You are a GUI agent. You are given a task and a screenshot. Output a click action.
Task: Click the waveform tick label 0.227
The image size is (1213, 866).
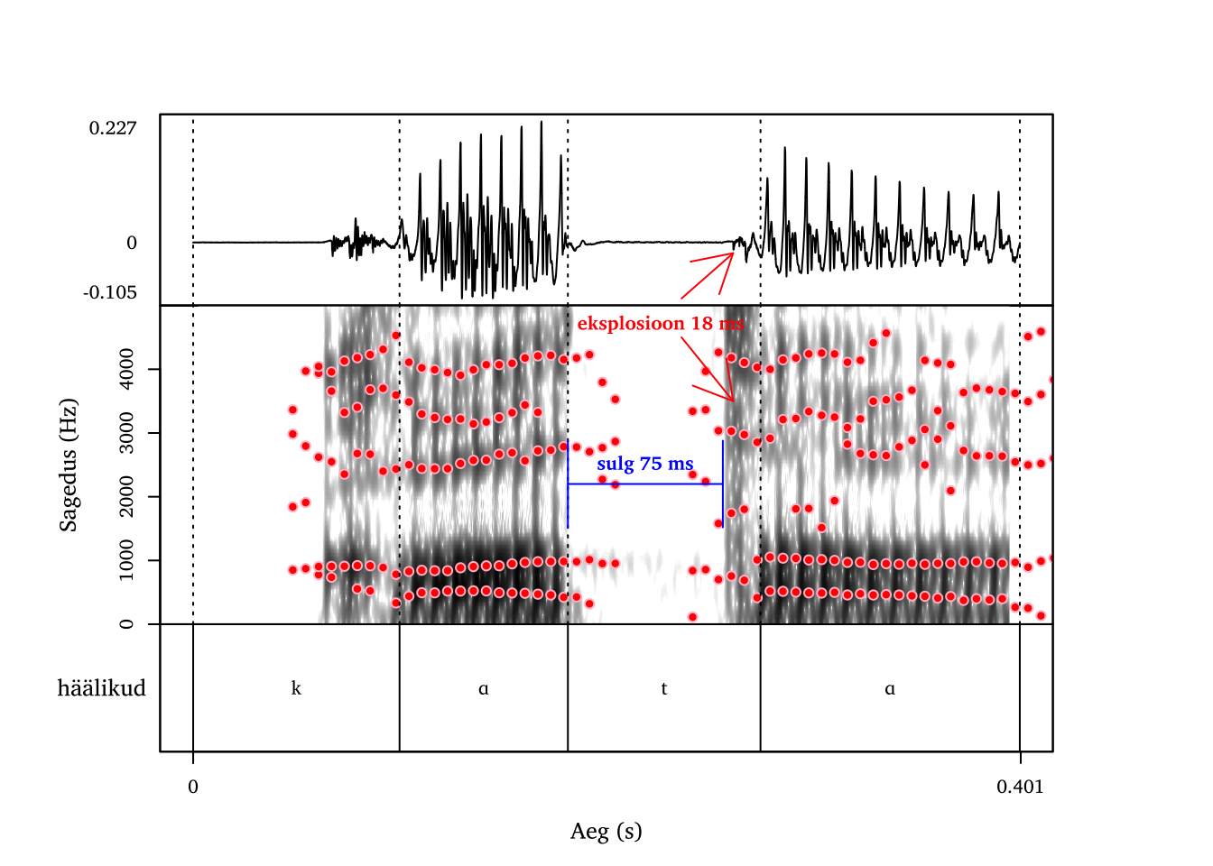click(x=113, y=128)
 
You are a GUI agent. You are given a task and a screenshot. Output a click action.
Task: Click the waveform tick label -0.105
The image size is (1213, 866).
click(x=110, y=292)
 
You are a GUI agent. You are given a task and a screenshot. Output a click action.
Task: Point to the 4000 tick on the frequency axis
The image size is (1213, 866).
click(x=126, y=369)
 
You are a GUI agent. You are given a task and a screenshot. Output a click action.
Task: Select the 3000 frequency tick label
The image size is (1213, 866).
click(x=126, y=433)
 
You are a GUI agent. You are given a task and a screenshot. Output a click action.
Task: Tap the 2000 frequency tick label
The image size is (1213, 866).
click(x=126, y=497)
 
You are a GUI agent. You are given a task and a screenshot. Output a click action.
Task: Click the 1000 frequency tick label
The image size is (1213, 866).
click(x=126, y=560)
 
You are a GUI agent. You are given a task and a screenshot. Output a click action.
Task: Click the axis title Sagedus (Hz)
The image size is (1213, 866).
click(x=69, y=465)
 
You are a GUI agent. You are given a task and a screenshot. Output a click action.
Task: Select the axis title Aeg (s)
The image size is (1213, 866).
click(x=606, y=831)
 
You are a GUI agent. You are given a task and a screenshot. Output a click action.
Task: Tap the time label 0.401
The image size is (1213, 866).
click(x=1020, y=787)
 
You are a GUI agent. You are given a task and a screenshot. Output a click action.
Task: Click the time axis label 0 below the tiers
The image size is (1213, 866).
click(x=193, y=787)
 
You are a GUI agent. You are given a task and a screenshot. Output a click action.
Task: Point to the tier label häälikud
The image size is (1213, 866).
click(x=101, y=688)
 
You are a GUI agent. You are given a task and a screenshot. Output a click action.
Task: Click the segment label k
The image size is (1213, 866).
click(x=296, y=688)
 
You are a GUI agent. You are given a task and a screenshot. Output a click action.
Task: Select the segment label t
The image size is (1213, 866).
click(x=664, y=688)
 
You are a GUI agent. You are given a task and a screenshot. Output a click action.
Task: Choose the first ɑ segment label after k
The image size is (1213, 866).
click(x=484, y=688)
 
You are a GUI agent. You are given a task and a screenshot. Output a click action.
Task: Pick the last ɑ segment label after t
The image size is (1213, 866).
click(x=890, y=688)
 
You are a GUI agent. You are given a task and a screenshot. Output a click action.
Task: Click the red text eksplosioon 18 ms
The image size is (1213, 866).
click(x=661, y=323)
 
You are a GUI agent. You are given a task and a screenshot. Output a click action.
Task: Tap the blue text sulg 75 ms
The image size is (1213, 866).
click(x=645, y=464)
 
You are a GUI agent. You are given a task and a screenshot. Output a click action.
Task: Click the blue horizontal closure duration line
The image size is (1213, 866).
click(x=645, y=484)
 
